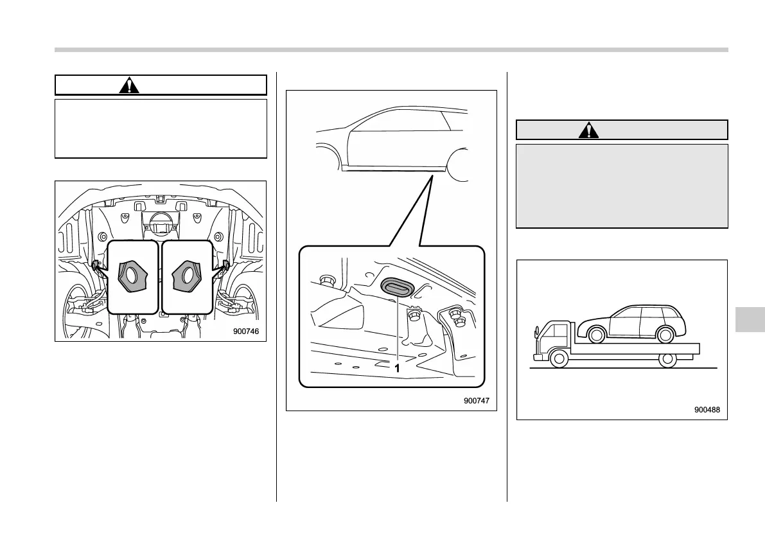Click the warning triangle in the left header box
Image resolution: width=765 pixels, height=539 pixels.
point(130,85)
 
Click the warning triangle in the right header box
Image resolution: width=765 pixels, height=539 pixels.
point(588,130)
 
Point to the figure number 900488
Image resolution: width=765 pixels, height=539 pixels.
point(708,409)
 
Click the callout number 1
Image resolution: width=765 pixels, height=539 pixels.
point(397,368)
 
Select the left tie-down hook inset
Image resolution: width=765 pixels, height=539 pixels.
point(132,277)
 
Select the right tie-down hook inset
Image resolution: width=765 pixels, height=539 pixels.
point(186,277)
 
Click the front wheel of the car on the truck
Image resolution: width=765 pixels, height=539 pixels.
point(595,334)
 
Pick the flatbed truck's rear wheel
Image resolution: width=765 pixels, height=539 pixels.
point(668,358)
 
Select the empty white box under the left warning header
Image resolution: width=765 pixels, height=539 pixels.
point(161,128)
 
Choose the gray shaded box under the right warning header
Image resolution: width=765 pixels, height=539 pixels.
point(622,186)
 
